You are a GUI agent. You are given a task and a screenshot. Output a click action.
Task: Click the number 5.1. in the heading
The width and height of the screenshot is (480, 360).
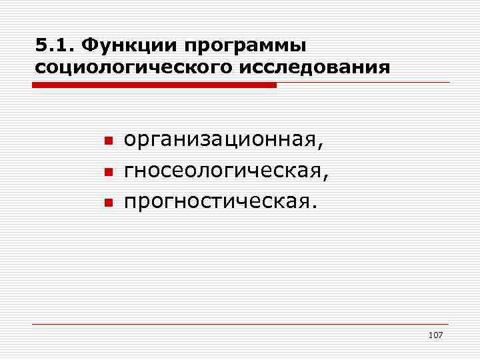(x=54, y=47)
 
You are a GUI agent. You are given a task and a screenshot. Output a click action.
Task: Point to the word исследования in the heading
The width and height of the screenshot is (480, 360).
(x=323, y=68)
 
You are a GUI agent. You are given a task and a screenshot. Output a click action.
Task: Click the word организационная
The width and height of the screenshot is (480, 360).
(x=223, y=142)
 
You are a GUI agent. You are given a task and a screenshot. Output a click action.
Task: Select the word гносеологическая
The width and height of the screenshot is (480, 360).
(x=223, y=171)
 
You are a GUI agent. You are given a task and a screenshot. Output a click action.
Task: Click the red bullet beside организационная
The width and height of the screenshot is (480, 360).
(x=107, y=143)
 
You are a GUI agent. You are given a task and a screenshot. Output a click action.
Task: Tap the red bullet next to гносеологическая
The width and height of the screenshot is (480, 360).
(x=107, y=172)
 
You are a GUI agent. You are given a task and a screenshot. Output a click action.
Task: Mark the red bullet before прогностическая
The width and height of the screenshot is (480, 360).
(x=107, y=201)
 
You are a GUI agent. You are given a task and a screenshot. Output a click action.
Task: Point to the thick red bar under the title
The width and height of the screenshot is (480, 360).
(x=153, y=85)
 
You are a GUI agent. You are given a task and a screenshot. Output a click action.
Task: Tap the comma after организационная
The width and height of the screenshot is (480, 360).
(x=326, y=147)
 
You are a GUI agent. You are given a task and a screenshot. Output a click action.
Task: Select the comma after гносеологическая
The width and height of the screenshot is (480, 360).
(x=326, y=177)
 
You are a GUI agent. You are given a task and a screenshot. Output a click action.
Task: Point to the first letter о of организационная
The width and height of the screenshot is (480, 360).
(x=130, y=143)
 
